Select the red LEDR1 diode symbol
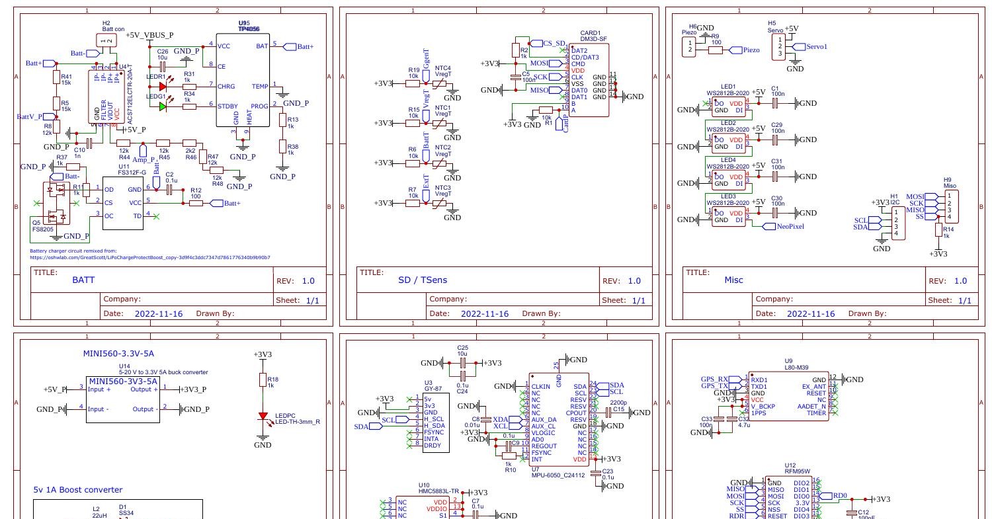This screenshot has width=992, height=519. (x=162, y=85)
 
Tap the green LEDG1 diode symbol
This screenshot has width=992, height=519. (x=162, y=106)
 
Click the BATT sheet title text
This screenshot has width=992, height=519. (x=83, y=280)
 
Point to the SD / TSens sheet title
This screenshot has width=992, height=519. (x=423, y=280)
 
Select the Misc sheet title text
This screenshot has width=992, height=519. (x=734, y=280)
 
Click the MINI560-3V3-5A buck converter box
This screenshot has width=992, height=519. (x=123, y=399)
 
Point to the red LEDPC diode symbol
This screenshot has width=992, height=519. (x=263, y=417)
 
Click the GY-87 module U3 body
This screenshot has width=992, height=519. (x=435, y=422)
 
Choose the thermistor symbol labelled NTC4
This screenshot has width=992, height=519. (x=438, y=84)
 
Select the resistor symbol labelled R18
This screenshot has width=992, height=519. (x=263, y=380)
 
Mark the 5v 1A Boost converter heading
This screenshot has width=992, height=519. (x=77, y=490)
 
